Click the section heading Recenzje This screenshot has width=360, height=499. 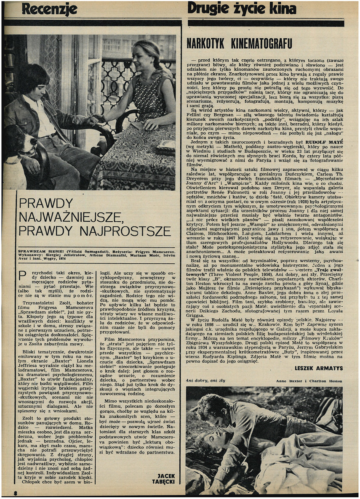49,8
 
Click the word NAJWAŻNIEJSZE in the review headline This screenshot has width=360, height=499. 71,218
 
